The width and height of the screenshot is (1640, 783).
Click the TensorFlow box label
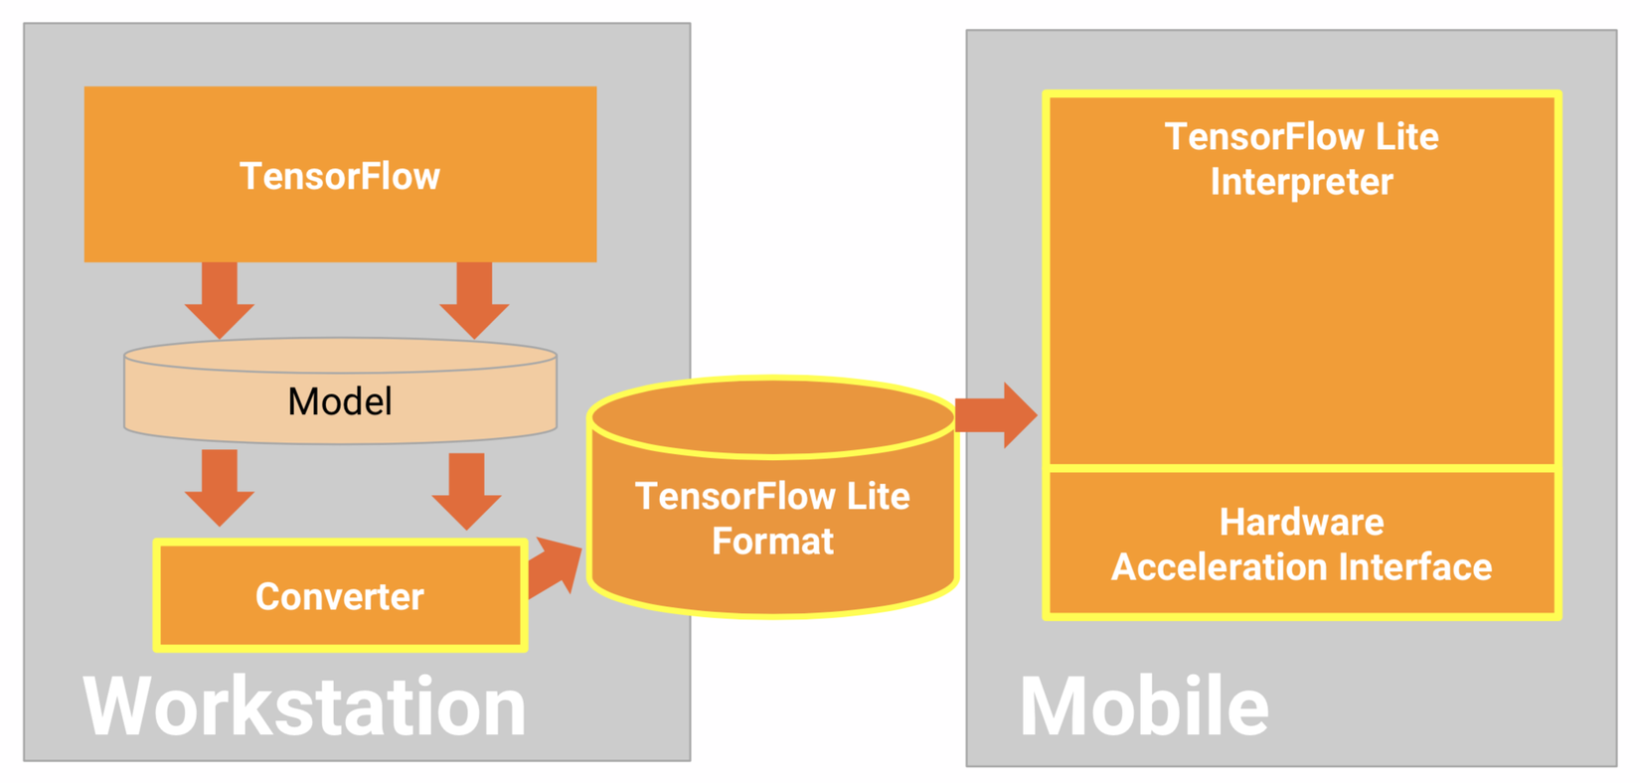(x=340, y=176)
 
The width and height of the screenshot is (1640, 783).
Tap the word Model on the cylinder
(x=340, y=401)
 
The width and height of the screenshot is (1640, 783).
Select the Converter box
(x=340, y=595)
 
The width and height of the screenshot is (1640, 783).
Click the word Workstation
(x=304, y=706)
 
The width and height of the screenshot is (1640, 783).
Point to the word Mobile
(x=1144, y=706)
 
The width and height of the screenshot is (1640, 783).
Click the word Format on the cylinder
(x=772, y=542)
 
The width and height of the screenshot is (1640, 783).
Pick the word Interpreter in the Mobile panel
(x=1301, y=182)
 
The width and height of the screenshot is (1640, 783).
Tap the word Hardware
(x=1301, y=522)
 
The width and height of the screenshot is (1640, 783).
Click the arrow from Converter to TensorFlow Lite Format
(x=555, y=567)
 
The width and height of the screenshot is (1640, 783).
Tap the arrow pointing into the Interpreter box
(x=996, y=414)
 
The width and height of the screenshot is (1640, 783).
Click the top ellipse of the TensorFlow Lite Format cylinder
(x=772, y=417)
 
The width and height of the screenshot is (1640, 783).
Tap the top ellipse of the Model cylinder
(x=340, y=356)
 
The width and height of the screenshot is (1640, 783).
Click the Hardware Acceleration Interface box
(x=1301, y=543)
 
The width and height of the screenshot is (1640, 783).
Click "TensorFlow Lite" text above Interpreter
(x=1301, y=137)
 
